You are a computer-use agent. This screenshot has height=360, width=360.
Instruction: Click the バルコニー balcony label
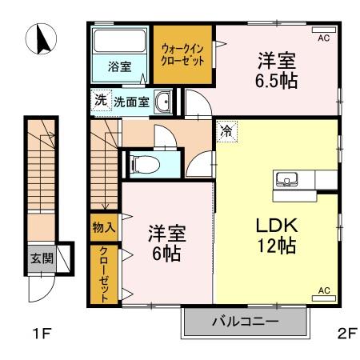point(245,323)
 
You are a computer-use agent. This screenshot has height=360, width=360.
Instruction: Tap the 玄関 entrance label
point(42,258)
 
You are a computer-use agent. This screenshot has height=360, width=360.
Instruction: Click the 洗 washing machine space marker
point(100,101)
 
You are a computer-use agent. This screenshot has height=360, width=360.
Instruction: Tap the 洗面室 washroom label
point(130,102)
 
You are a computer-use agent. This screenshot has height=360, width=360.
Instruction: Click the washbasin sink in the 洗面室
point(163,101)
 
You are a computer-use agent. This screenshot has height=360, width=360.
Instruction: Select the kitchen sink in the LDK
point(285,178)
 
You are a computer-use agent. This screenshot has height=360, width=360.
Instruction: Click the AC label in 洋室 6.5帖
point(324,37)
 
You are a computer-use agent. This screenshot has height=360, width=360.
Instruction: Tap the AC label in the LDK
point(325,290)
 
